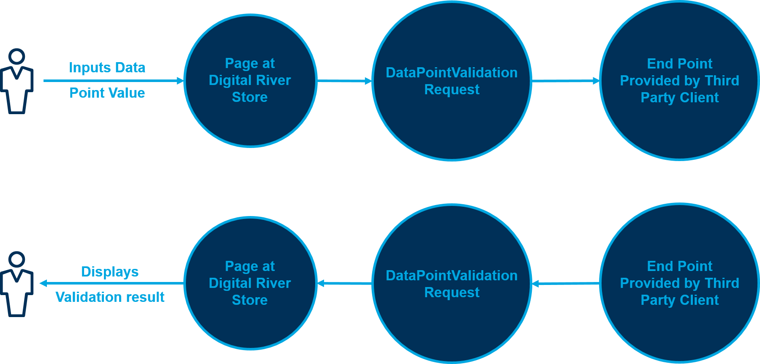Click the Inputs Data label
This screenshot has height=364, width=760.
(107, 68)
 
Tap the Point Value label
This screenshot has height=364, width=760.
(107, 93)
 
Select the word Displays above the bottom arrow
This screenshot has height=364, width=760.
(110, 271)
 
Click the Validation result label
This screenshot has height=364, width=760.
(110, 297)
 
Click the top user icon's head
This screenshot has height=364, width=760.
(17, 57)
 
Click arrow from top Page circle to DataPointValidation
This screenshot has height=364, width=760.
(344, 81)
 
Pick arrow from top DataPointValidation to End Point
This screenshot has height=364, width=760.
(565, 81)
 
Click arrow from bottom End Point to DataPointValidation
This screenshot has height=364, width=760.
(565, 284)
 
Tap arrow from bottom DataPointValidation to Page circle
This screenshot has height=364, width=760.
(344, 283)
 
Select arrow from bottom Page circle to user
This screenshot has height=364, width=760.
(112, 283)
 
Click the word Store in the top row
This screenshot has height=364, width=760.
(250, 97)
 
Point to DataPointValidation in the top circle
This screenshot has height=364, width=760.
(452, 73)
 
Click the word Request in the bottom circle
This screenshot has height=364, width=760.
(452, 293)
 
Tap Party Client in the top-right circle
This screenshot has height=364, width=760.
(679, 98)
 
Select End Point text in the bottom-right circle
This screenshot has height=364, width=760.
(679, 266)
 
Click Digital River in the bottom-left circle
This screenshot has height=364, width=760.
(250, 283)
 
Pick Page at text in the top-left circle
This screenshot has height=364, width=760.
(250, 63)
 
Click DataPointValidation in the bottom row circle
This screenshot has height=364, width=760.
(452, 276)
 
